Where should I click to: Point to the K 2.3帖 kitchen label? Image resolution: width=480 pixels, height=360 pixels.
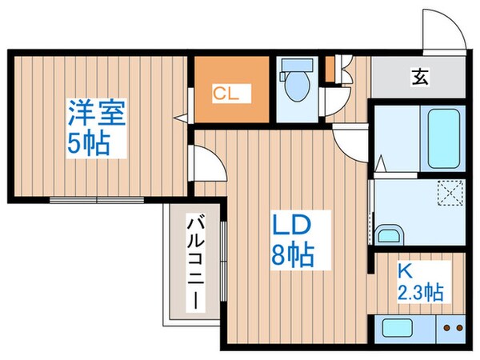pyautogui.click(x=419, y=280)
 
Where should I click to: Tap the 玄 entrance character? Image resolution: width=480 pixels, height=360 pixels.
pyautogui.click(x=418, y=78)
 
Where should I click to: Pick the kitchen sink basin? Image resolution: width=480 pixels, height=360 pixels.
pyautogui.click(x=397, y=327)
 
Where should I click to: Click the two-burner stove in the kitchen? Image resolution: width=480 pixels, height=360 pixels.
pyautogui.click(x=453, y=327)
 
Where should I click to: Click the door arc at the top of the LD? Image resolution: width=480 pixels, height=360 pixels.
pyautogui.click(x=350, y=145)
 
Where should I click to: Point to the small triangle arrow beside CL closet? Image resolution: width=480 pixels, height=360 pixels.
pyautogui.click(x=183, y=118)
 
